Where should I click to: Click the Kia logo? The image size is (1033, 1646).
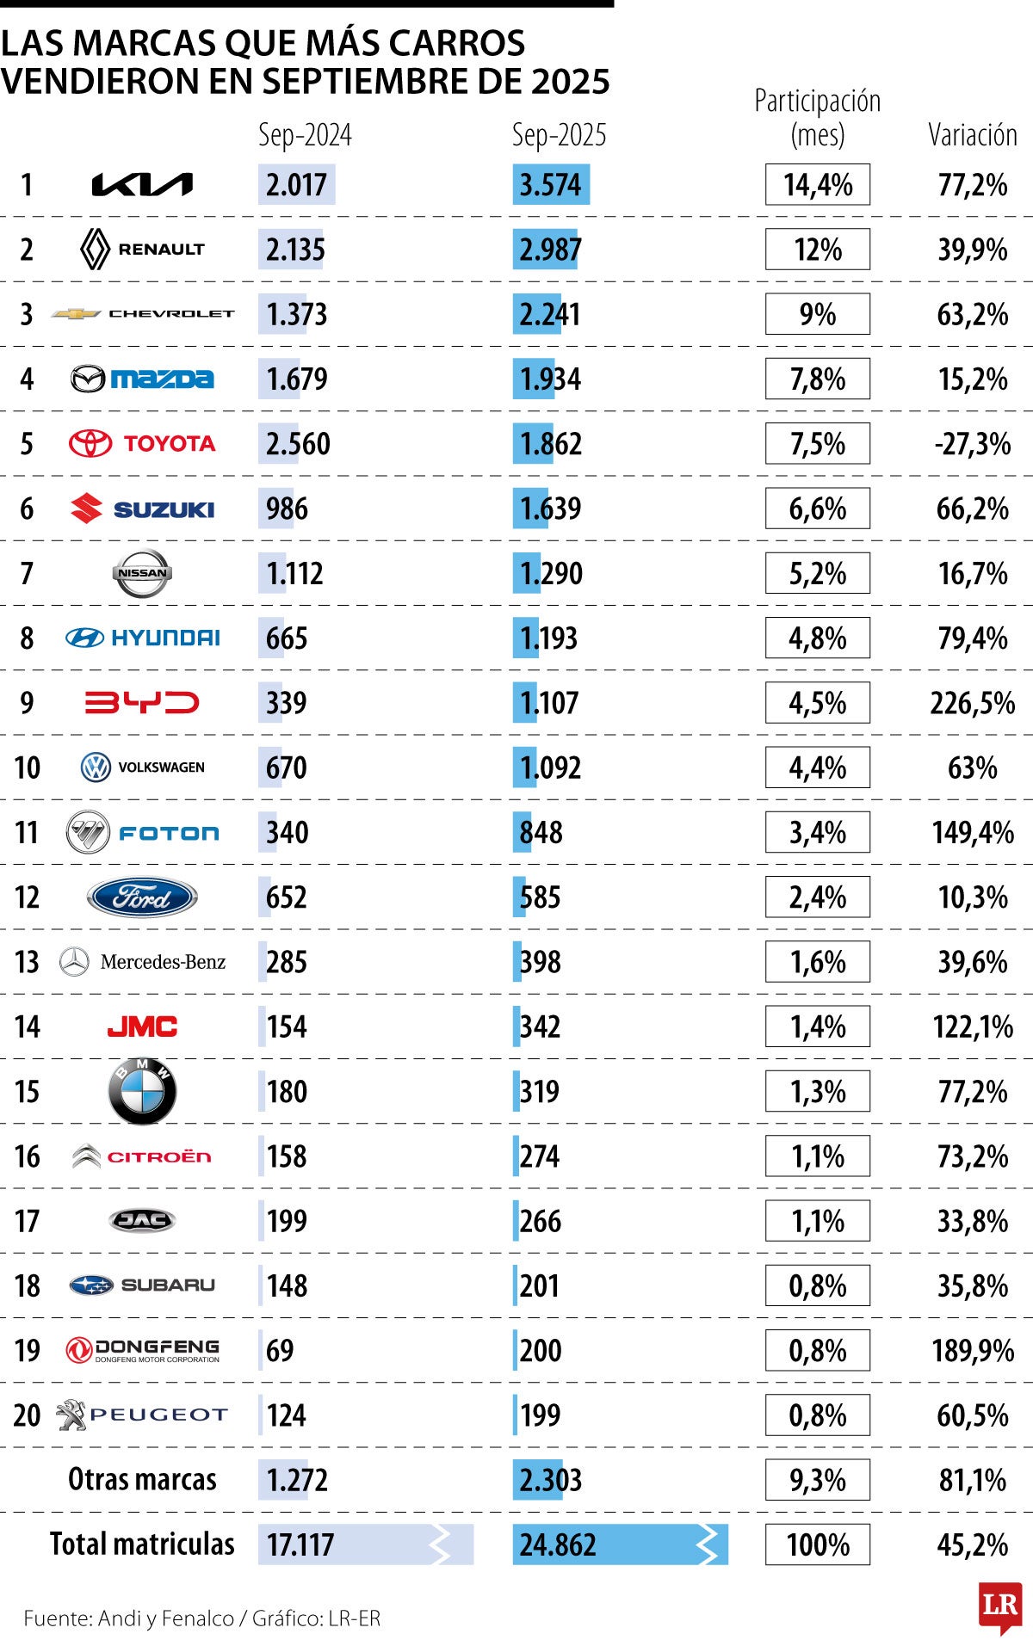[x=142, y=185]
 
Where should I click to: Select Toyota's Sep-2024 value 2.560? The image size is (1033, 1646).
[x=298, y=444]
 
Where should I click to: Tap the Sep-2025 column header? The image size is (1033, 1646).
[x=559, y=135]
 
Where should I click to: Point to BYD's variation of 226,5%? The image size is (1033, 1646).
[x=973, y=703]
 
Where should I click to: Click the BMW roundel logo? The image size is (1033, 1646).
[x=142, y=1091]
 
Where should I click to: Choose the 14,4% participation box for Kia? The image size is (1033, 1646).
[x=817, y=185]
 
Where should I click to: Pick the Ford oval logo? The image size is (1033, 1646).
[x=142, y=897]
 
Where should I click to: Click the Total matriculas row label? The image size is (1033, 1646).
[x=142, y=1544]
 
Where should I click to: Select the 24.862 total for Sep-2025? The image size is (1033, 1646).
[x=558, y=1544]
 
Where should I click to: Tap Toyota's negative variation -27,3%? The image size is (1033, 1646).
[x=973, y=444]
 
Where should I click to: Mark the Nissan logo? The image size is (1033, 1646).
[x=142, y=573]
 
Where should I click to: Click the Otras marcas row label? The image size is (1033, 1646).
[x=142, y=1479]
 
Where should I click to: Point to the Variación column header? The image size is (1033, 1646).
[x=972, y=135]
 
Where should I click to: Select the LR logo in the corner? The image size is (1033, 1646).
[x=999, y=1606]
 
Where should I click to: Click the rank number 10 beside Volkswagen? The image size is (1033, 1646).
[x=28, y=768]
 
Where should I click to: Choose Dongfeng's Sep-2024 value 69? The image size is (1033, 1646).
[x=280, y=1350]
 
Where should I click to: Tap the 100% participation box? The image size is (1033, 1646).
[x=817, y=1544]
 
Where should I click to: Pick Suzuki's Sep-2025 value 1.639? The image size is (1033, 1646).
[x=551, y=509]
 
